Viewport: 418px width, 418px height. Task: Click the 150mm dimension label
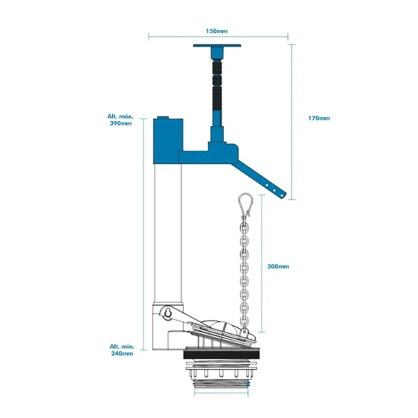[218, 31]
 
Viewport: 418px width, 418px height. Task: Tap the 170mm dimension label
[319, 118]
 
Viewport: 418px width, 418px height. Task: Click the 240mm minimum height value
[121, 353]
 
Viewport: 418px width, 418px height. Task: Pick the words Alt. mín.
[120, 346]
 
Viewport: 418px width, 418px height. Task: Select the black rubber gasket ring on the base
[220, 354]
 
